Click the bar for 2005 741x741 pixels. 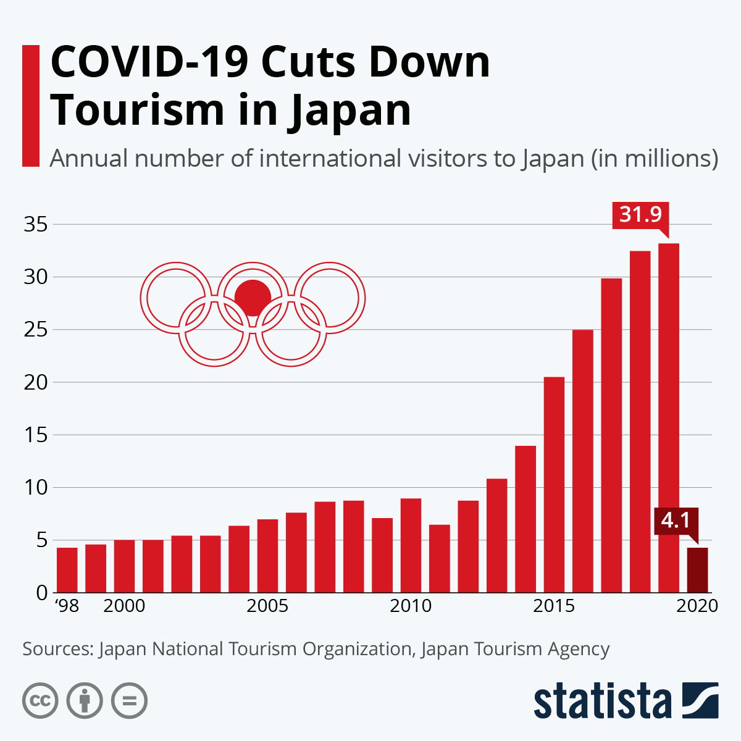pos(267,556)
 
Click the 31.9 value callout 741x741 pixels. pos(640,215)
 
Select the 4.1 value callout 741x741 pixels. pos(676,521)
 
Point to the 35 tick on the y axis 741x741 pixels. pos(35,225)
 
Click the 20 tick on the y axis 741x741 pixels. pos(35,383)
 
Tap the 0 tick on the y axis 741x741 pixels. pos(41,593)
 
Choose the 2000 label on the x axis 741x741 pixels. pos(124,606)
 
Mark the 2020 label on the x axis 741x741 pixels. pos(697,606)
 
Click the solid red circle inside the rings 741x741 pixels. pos(253,298)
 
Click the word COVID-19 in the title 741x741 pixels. pos(149,63)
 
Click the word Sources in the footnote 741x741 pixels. pos(57,650)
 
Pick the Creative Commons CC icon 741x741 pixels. pos(40,701)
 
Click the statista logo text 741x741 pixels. pos(603,701)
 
